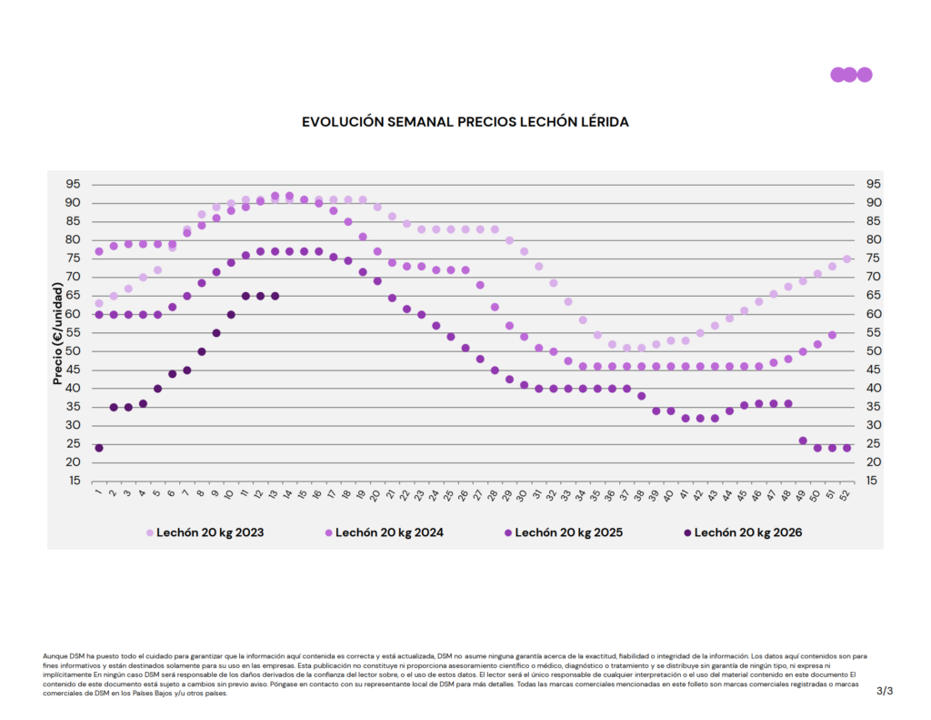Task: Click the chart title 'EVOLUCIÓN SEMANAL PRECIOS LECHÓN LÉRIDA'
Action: click(465, 121)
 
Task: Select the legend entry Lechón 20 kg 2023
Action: click(209, 532)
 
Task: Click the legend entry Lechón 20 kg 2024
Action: click(388, 532)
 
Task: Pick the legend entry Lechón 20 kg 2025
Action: click(568, 532)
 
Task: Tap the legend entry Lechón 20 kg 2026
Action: click(747, 532)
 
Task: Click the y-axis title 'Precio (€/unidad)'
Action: click(57, 333)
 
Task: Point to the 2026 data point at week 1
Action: click(99, 448)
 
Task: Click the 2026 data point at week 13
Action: click(275, 296)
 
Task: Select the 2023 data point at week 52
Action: click(846, 259)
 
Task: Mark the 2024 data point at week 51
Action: click(832, 335)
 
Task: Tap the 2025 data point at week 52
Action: click(846, 448)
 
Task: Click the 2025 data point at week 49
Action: click(803, 441)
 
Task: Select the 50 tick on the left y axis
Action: click(73, 351)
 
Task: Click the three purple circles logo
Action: click(851, 75)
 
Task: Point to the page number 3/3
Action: click(885, 692)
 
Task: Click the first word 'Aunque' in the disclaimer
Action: click(55, 655)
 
